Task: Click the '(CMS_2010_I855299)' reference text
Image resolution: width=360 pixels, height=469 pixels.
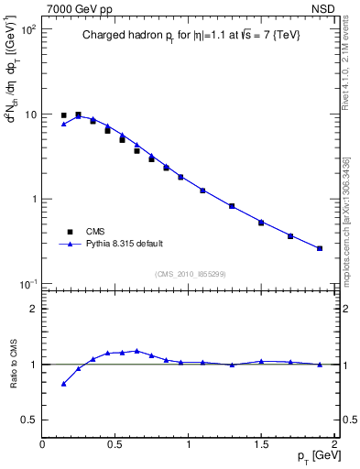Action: point(191,274)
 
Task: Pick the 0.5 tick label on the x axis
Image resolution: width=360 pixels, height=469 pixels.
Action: point(115,444)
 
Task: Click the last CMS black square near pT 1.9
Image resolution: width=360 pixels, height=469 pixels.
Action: point(320,248)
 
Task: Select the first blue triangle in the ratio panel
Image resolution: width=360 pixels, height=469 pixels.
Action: point(63,384)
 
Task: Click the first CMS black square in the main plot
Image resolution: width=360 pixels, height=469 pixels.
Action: point(63,115)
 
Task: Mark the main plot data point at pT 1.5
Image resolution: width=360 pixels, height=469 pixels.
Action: point(261,223)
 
